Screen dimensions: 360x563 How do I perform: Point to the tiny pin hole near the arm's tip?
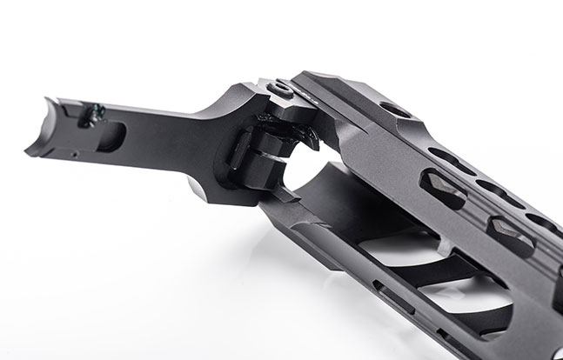click(77, 156)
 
